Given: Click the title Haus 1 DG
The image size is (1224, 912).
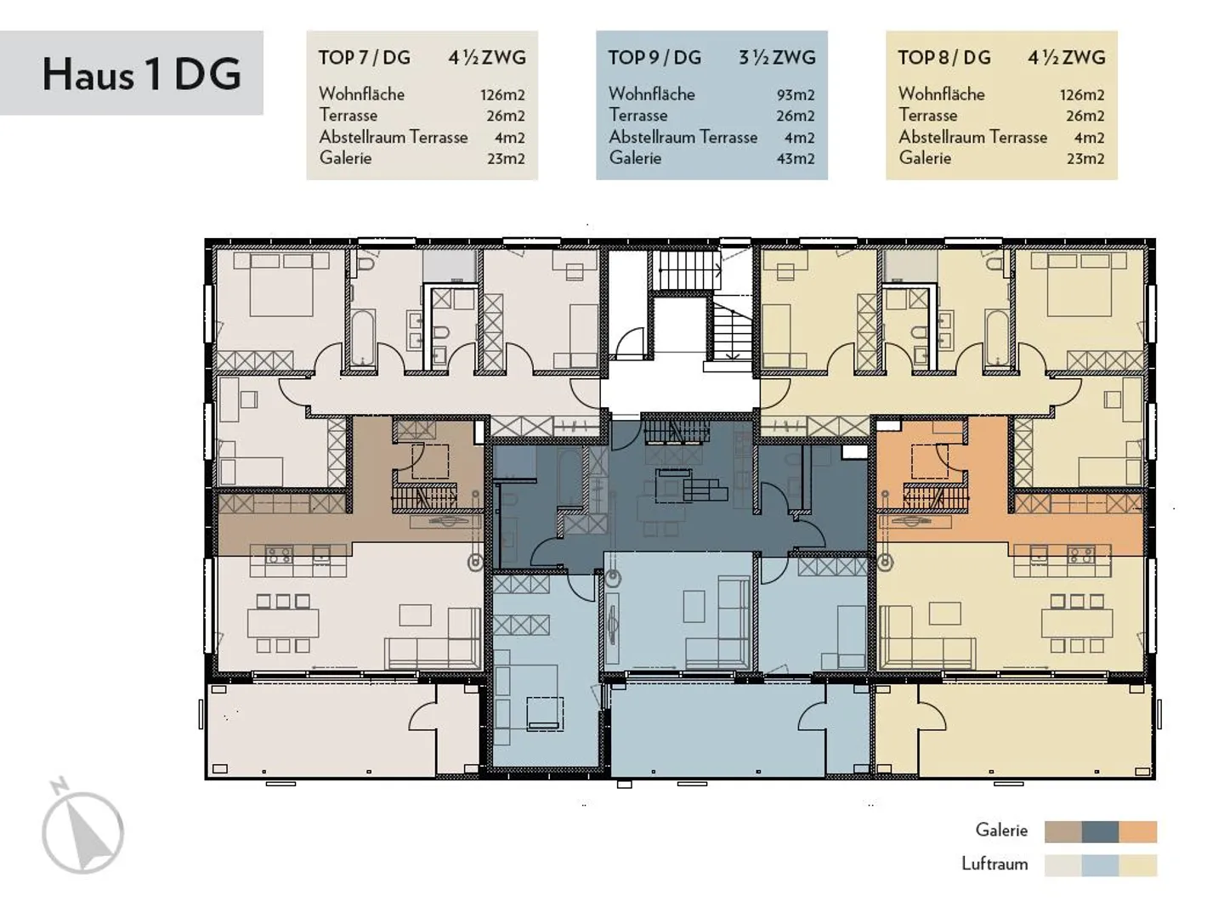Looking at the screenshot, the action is pyautogui.click(x=141, y=73).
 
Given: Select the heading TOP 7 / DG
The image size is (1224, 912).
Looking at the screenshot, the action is pyautogui.click(x=364, y=58).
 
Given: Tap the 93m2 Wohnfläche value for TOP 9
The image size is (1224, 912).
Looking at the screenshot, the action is pyautogui.click(x=796, y=95).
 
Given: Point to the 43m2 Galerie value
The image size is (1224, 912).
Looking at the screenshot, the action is pyautogui.click(x=796, y=159).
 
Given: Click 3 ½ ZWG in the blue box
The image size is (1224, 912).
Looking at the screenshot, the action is pyautogui.click(x=776, y=58).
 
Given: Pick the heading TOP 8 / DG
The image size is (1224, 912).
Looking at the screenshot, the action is pyautogui.click(x=944, y=58).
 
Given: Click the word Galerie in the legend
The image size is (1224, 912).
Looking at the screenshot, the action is pyautogui.click(x=1001, y=830).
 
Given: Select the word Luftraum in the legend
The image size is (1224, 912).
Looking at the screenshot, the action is pyautogui.click(x=994, y=864).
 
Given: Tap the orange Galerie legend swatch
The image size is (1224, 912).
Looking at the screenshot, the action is pyautogui.click(x=1138, y=831).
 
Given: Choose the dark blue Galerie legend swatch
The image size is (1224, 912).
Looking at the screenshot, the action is pyautogui.click(x=1101, y=831).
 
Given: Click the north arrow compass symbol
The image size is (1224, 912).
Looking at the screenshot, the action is pyautogui.click(x=82, y=828).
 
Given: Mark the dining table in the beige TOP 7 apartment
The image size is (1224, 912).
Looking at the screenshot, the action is pyautogui.click(x=283, y=623).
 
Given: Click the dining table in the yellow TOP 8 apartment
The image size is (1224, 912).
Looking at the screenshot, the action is pyautogui.click(x=1077, y=623).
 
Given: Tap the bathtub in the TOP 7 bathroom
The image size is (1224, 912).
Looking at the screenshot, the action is pyautogui.click(x=363, y=338).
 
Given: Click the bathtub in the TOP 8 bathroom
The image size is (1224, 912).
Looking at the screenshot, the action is pyautogui.click(x=997, y=338).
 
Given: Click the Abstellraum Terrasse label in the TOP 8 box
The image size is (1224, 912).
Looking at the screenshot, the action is pyautogui.click(x=972, y=137).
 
